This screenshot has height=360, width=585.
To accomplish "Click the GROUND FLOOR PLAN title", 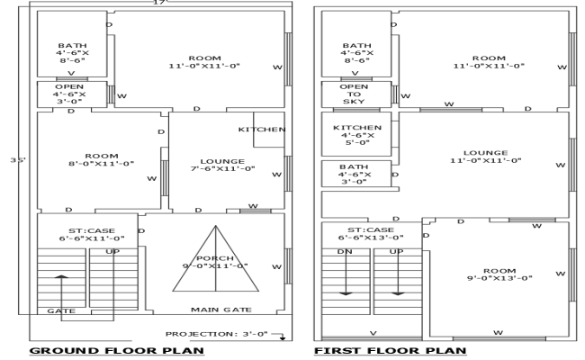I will point(117,350).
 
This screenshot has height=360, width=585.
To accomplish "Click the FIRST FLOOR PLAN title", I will point(390,350).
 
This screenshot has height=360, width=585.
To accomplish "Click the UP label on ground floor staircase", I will point(112,251).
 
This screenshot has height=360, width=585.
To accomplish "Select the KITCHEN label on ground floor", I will point(262,130).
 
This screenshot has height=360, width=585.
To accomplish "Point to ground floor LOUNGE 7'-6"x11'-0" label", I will point(222,164).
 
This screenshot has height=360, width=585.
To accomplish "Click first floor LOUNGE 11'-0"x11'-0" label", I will point(485,157).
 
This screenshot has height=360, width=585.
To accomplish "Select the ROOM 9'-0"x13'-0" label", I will point(499,274).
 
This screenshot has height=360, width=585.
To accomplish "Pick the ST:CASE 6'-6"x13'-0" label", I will point(371,232).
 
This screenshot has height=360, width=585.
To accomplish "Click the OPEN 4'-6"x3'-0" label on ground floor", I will point(69,94).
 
